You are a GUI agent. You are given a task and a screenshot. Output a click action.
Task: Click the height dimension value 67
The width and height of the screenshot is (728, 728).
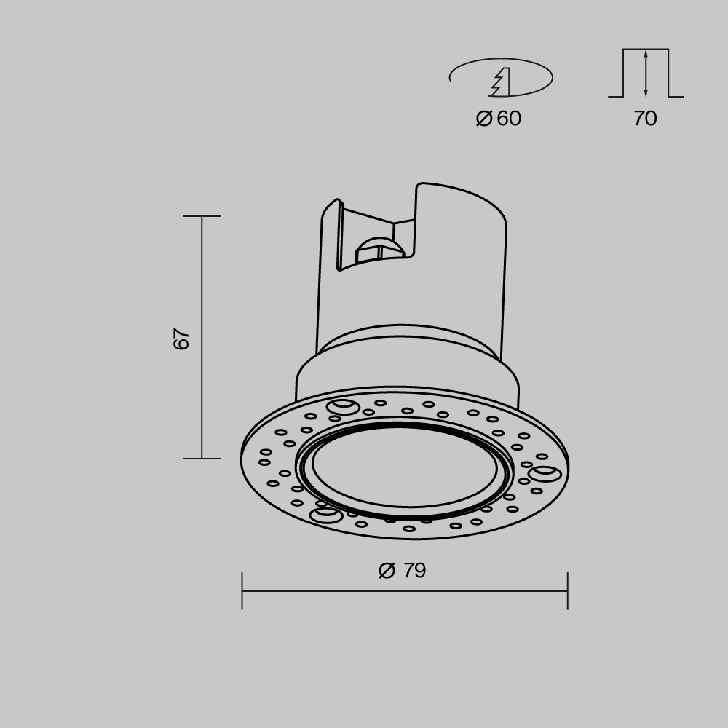182,339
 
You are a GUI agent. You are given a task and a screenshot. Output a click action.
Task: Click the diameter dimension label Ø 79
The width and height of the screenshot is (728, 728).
403,571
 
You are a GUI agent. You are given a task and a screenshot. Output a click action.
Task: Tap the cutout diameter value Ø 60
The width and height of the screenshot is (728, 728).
499,119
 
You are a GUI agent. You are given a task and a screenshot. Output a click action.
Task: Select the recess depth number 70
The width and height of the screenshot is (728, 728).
645,119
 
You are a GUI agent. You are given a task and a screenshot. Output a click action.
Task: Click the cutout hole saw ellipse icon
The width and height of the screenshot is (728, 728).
501,77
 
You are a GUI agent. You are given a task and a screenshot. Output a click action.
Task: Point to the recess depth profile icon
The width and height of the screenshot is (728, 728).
646,73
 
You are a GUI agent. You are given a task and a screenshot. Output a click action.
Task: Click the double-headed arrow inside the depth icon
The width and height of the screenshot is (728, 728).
646,73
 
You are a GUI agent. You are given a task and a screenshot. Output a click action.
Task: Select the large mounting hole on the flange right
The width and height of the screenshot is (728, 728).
545,475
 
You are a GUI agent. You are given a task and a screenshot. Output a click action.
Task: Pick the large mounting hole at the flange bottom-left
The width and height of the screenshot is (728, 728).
325,515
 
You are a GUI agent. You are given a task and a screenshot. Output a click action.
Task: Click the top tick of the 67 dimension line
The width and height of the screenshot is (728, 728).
202,216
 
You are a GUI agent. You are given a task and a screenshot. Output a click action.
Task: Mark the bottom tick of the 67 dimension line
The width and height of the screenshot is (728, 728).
202,459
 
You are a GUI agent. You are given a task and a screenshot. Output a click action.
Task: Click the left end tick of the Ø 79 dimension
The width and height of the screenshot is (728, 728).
242,590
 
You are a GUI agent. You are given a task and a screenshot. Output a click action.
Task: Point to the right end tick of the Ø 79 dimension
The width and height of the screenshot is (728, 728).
567,590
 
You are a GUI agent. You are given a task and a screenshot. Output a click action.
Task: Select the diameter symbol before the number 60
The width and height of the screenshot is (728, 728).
484,119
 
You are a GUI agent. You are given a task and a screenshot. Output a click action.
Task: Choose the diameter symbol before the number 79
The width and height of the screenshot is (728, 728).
387,571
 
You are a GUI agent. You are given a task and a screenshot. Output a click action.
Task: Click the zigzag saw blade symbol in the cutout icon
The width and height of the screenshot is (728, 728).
500,82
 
